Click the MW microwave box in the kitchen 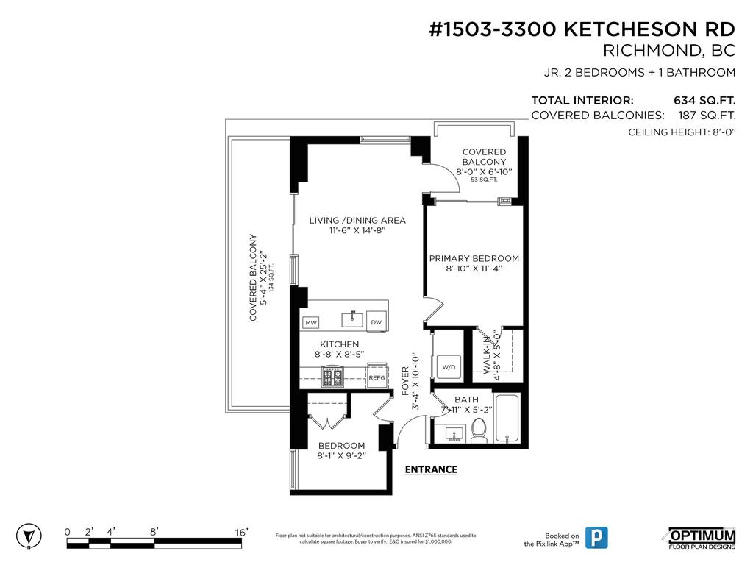click(x=310, y=323)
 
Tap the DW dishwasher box click(x=376, y=322)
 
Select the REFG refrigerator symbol click(x=376, y=377)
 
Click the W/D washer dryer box click(x=448, y=366)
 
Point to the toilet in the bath click(x=479, y=430)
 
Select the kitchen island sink click(x=352, y=318)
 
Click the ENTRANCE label click(x=431, y=469)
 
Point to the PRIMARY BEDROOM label click(x=474, y=258)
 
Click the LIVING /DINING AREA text click(x=357, y=220)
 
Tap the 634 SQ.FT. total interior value click(x=704, y=100)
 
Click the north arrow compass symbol click(x=29, y=536)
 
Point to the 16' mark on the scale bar click(x=241, y=532)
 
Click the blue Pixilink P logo click(x=600, y=537)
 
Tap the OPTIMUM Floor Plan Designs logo click(x=701, y=538)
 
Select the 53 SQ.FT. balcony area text click(x=484, y=179)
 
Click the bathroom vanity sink click(x=454, y=434)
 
